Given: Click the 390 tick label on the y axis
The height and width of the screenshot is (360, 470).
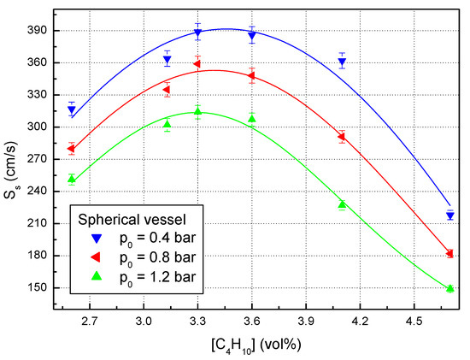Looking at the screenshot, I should point(37,31).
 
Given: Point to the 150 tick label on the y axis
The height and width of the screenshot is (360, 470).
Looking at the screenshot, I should point(37,288).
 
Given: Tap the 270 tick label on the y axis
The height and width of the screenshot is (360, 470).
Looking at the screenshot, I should point(37,159).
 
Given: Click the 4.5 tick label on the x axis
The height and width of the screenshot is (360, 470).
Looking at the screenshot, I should point(414,322).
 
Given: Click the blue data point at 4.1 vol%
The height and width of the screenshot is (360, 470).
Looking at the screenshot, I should point(342,62).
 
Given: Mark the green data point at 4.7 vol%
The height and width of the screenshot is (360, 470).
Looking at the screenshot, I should point(449,289).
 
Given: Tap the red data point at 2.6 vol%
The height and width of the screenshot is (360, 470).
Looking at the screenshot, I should point(72,149).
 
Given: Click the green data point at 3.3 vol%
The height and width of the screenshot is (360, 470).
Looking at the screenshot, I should point(197,111).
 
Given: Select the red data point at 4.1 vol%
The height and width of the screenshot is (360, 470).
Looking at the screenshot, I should point(342,137).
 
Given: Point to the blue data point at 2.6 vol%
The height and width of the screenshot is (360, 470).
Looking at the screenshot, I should point(72,110).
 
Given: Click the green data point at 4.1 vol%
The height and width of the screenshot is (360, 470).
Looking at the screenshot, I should point(342,204).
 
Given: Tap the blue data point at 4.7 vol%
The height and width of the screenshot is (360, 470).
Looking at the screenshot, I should point(449,215).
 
